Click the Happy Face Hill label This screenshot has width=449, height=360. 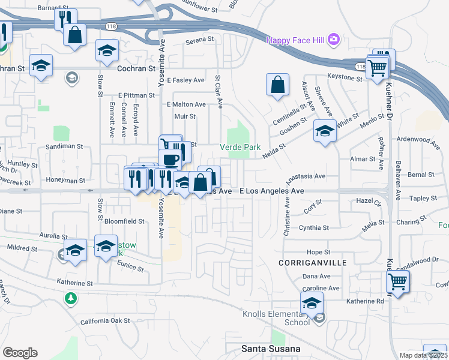pyautogui.click(x=295, y=40)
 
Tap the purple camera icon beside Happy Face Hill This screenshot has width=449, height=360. pyautogui.click(x=334, y=40)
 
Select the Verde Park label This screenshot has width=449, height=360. pyautogui.click(x=240, y=147)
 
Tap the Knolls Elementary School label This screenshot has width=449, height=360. pyautogui.click(x=276, y=318)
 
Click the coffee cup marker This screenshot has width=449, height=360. pyautogui.click(x=171, y=158)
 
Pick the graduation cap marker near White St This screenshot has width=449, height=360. pyautogui.click(x=325, y=131)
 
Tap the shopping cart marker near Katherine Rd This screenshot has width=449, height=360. pyautogui.click(x=398, y=280)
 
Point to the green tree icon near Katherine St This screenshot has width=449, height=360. pyautogui.click(x=71, y=298)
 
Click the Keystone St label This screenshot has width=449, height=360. pyautogui.click(x=345, y=76)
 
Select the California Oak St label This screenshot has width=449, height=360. pyautogui.click(x=106, y=321)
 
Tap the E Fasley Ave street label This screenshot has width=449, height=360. pyautogui.click(x=186, y=80)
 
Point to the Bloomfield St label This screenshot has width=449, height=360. pyautogui.click(x=125, y=221)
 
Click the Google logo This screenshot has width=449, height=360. pyautogui.click(x=20, y=353)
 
